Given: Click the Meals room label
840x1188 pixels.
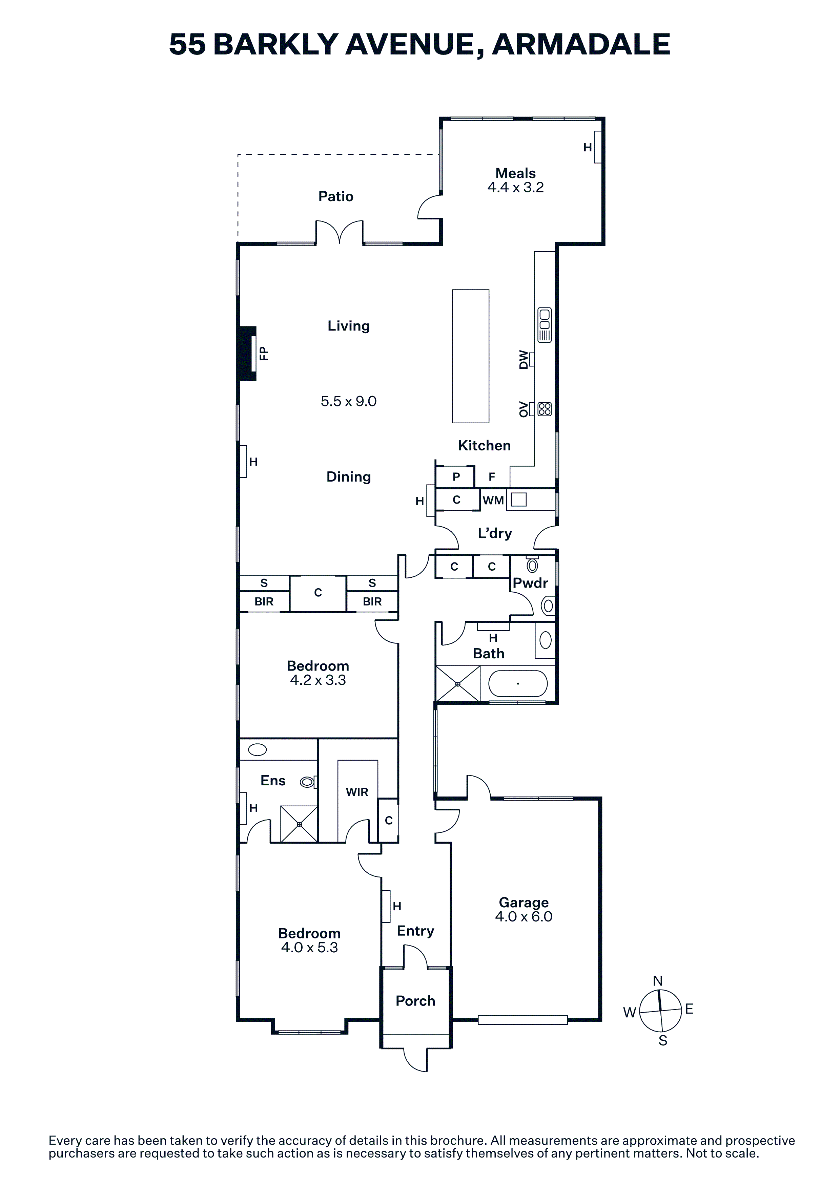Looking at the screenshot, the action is tap(515, 173).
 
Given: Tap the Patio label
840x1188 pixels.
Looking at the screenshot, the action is tap(336, 197).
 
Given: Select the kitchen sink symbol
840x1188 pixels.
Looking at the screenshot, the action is tap(545, 325).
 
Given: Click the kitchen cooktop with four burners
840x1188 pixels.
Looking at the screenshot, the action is tap(545, 409).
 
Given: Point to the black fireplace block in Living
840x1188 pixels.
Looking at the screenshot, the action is tap(247, 354).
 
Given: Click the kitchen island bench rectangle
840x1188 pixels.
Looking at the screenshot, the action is tap(470, 357).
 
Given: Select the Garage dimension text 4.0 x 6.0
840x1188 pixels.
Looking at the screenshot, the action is tap(524, 916).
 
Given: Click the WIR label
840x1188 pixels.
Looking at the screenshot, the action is tap(357, 792).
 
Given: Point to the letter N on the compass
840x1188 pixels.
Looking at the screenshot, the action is tap(658, 980).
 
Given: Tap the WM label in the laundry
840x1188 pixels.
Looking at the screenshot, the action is tap(493, 500).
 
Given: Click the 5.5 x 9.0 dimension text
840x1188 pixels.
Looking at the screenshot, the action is tap(348, 402).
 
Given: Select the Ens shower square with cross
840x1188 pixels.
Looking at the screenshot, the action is tap(299, 824).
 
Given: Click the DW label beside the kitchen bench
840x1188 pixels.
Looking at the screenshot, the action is tap(524, 360).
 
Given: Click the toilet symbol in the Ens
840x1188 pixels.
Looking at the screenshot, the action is tap(308, 782).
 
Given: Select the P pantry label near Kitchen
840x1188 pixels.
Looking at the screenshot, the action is tap(456, 476).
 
